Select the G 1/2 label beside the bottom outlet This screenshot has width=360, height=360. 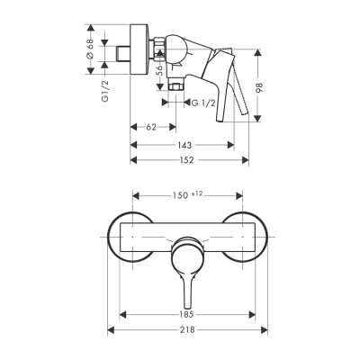tap(205, 103)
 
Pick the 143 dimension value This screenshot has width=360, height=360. tap(183, 144)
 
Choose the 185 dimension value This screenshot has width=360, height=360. tap(188, 316)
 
